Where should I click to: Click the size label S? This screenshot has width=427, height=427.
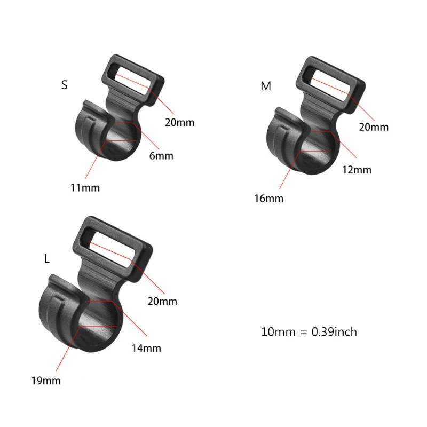click(65, 85)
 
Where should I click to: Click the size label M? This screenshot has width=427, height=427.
click(266, 86)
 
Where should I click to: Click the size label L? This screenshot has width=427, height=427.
click(47, 259)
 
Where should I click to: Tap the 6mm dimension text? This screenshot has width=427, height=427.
click(161, 156)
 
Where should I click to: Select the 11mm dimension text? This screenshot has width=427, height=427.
click(84, 187)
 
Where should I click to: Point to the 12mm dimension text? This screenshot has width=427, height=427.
click(357, 170)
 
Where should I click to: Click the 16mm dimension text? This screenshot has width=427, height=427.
click(269, 199)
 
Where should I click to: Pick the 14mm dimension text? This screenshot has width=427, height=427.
click(146, 349)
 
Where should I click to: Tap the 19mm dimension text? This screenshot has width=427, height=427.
click(45, 381)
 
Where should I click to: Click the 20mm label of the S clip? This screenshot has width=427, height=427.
click(179, 122)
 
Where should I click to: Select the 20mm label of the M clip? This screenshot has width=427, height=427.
click(374, 126)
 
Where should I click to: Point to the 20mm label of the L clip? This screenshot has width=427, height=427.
click(162, 302)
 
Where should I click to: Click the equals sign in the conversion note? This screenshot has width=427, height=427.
click(302, 332)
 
